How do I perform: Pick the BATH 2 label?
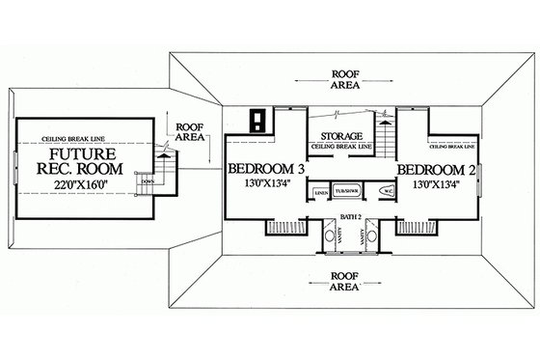pyautogui.click(x=342, y=221)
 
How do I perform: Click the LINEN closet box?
pyautogui.click(x=320, y=193)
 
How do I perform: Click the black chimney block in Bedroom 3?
pyautogui.click(x=258, y=121)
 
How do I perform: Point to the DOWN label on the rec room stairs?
pyautogui.click(x=147, y=179)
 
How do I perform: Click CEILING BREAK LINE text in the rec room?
pyautogui.click(x=66, y=138)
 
